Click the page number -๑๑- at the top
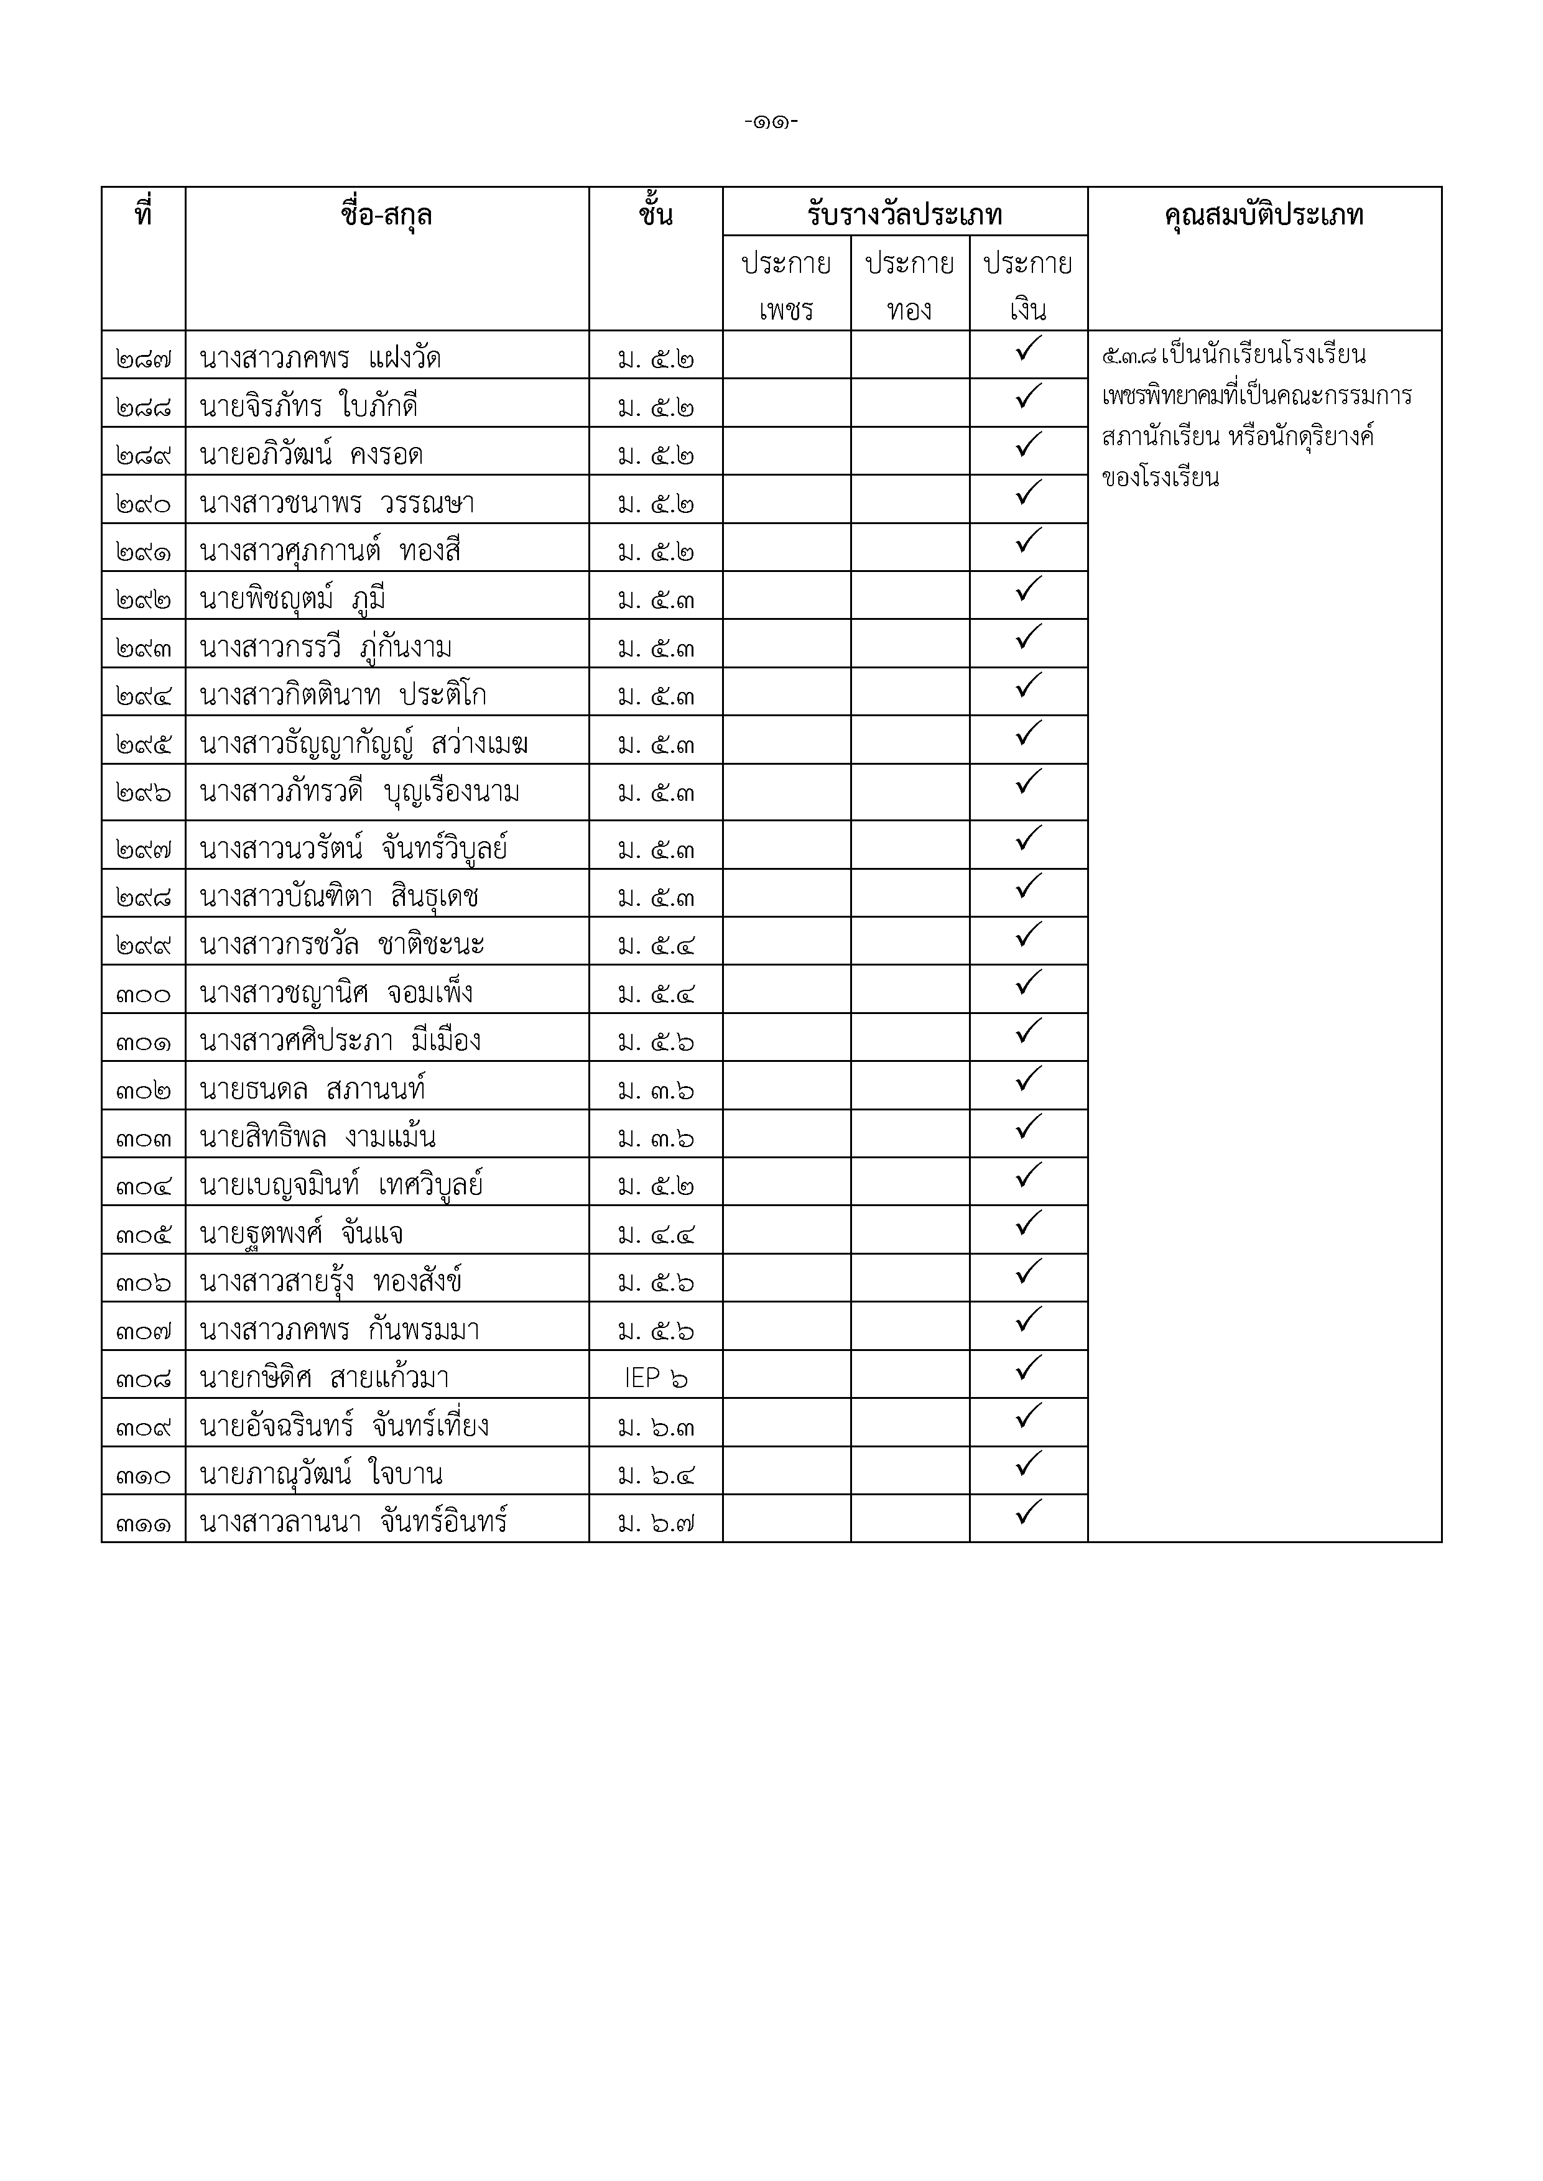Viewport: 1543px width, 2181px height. click(771, 122)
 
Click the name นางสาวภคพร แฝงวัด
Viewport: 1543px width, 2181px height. click(320, 358)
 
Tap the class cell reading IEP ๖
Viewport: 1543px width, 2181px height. click(656, 1377)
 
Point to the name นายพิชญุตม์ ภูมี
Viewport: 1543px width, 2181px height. click(293, 599)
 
